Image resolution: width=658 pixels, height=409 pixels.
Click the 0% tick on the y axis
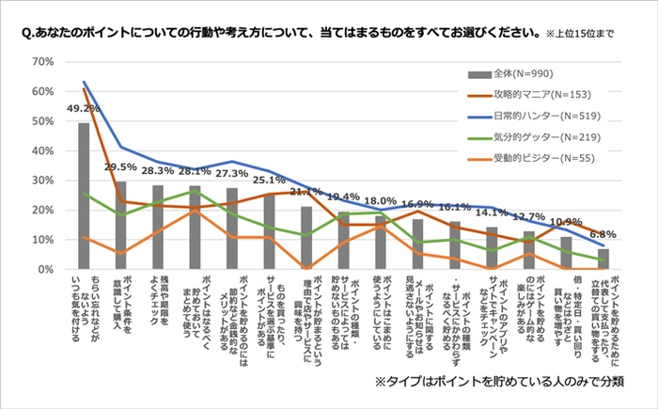[x=44, y=270]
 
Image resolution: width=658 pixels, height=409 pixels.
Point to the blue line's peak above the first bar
[x=84, y=82]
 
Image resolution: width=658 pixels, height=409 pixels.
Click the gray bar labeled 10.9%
[x=565, y=254]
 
